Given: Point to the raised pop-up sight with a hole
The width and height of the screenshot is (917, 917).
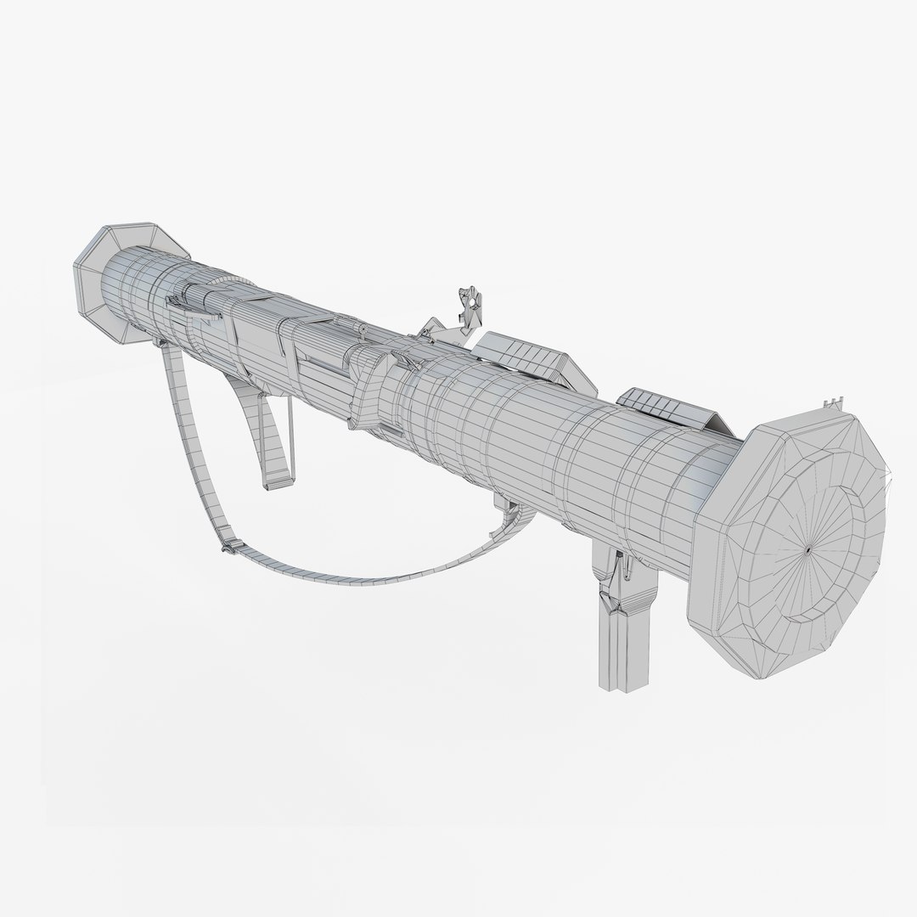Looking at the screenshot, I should [x=466, y=307].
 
